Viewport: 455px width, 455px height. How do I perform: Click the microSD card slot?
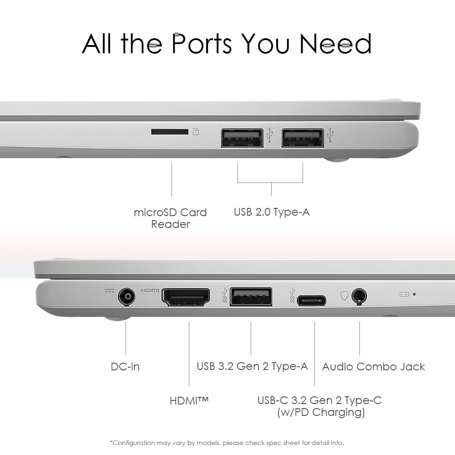point(170,132)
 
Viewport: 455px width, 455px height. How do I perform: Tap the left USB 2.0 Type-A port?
point(242,137)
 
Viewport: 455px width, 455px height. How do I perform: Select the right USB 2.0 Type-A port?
point(303,137)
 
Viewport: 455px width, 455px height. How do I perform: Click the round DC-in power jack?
point(127,297)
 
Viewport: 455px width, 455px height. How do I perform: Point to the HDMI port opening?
point(186,297)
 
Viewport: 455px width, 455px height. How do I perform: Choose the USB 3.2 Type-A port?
point(251,297)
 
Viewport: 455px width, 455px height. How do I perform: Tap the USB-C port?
point(311,300)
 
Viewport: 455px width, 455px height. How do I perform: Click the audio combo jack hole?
point(359,296)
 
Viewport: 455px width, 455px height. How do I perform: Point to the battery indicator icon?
point(404,294)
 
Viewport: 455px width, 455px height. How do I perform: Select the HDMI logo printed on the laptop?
point(150,290)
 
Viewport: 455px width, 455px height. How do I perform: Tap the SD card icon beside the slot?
point(196,132)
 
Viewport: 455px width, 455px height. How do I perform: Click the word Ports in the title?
point(202,44)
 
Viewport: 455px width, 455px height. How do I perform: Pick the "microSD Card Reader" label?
point(170,218)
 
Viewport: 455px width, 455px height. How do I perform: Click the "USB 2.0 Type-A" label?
point(272,212)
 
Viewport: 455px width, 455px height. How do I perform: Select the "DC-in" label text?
point(125,366)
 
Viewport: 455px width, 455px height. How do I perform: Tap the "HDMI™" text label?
point(189,401)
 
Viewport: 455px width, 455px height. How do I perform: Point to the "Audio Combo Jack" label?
point(374,366)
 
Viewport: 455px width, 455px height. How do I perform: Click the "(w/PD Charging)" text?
point(321,412)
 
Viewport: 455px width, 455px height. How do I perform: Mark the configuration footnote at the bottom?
point(227,443)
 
